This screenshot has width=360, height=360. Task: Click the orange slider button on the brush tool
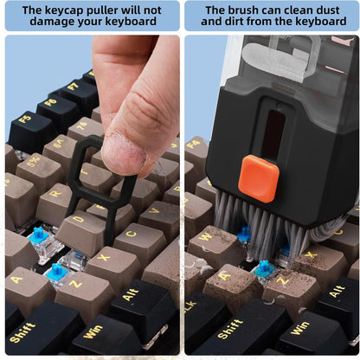coord(259,178)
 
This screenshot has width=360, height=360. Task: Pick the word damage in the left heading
coord(48,22)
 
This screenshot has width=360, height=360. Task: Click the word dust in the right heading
coord(327,10)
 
